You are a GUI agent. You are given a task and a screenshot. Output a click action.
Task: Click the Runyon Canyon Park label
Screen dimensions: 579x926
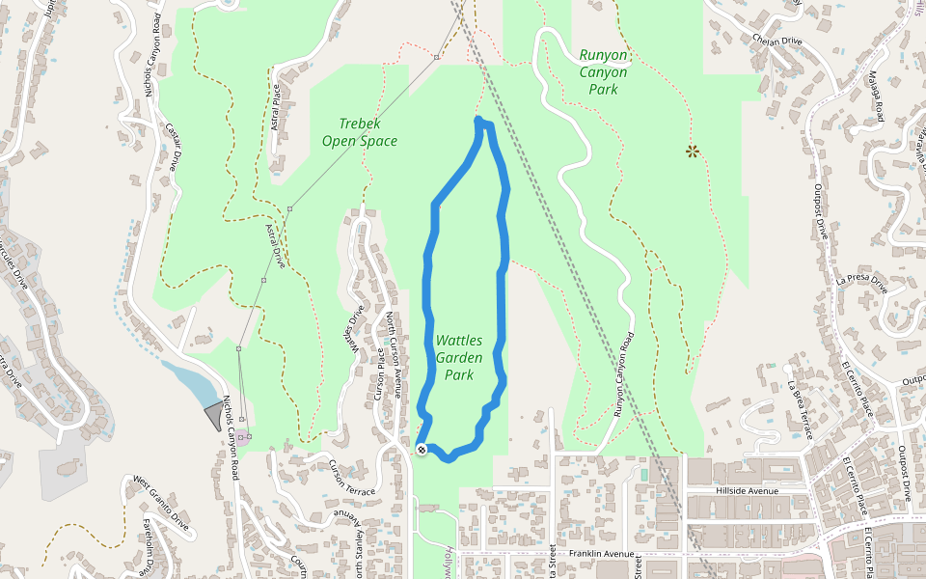[604, 72]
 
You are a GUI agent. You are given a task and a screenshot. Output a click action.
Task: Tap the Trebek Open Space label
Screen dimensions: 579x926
[360, 132]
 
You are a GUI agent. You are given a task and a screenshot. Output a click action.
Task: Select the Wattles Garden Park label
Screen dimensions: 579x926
[459, 357]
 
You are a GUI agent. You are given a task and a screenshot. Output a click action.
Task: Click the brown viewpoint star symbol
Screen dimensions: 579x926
[692, 151]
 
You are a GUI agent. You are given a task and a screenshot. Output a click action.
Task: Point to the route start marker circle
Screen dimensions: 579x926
[422, 450]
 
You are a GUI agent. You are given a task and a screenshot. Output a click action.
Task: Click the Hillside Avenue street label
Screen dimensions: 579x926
[747, 490]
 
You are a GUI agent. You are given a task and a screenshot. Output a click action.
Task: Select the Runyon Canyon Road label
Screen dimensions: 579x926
[625, 376]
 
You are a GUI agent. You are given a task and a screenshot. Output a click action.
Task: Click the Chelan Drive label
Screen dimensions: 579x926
[776, 41]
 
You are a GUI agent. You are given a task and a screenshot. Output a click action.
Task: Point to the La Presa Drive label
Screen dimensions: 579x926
[861, 283]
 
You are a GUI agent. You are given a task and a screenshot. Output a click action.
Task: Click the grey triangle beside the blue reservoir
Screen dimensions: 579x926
[212, 416]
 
